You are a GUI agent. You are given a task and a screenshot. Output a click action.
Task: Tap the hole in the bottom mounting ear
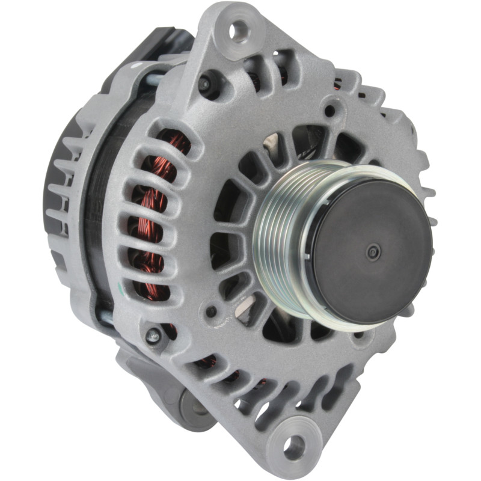tap(294, 446)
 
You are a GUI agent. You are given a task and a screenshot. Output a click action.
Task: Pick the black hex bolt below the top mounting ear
tap(206, 84)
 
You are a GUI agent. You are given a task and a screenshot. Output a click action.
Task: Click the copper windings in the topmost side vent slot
tap(174, 144)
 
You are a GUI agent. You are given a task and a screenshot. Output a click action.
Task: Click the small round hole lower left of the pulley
tap(212, 311)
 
